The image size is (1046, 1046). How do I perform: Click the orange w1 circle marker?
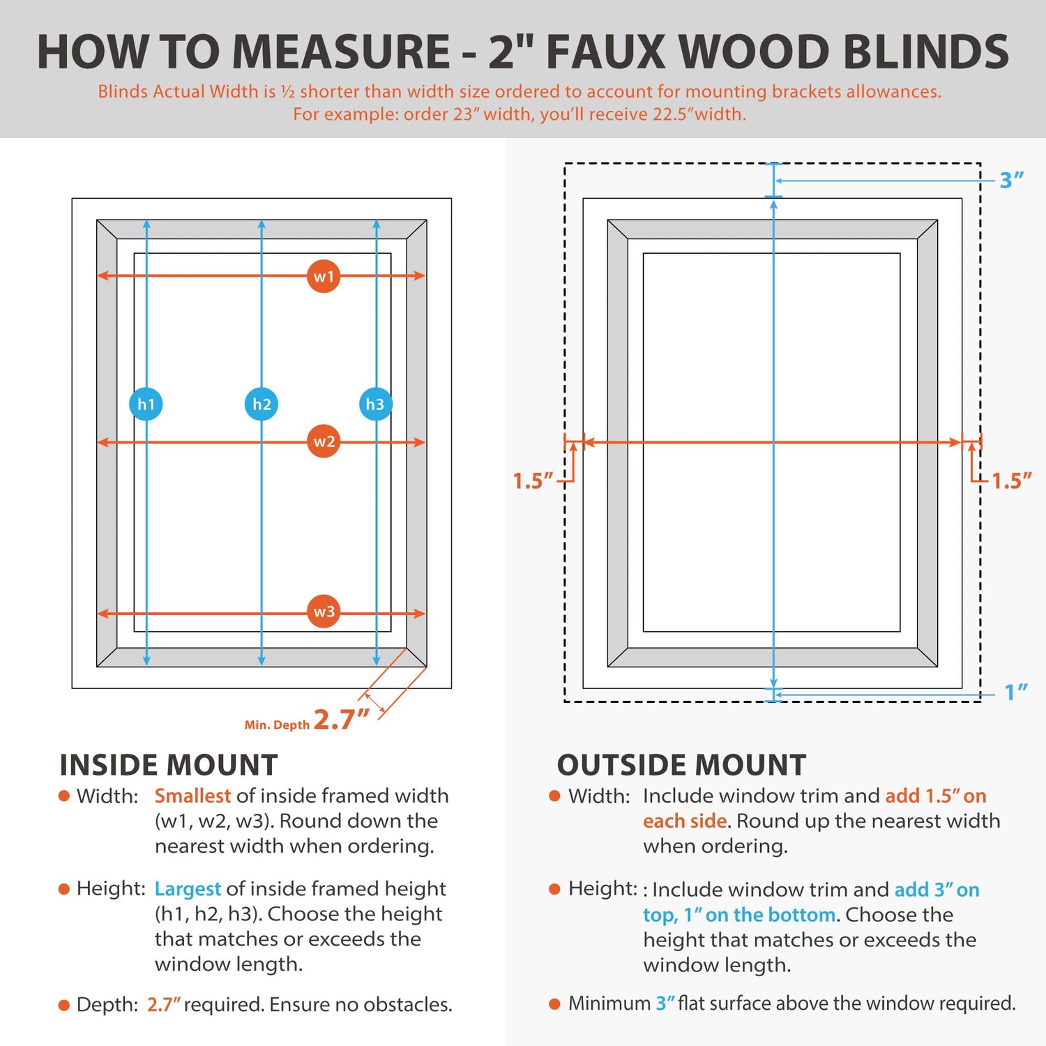pos(324,276)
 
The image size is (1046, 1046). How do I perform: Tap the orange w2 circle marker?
pos(324,441)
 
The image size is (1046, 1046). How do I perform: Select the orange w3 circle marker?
pos(324,612)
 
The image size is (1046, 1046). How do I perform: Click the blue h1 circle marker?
pos(146,404)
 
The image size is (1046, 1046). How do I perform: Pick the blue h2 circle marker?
pos(261,404)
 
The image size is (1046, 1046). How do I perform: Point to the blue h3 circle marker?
pos(375,404)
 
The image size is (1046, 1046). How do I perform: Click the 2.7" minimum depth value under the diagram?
pos(341,719)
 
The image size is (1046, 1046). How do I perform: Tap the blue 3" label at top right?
pos(1011,180)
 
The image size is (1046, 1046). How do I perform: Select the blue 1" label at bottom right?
pos(1015,692)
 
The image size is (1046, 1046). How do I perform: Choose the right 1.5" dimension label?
pos(1011,480)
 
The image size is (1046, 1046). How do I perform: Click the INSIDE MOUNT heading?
pos(169,765)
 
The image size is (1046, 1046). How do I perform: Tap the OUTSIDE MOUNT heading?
pos(681,765)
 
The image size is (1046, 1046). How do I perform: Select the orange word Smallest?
pos(192,796)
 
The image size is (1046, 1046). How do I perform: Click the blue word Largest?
pos(188,888)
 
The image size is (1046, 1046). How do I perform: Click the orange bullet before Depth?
pos(64,1005)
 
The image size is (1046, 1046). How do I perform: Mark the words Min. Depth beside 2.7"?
pos(277,725)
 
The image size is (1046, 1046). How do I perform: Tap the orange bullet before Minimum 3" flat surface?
pos(555,1003)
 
